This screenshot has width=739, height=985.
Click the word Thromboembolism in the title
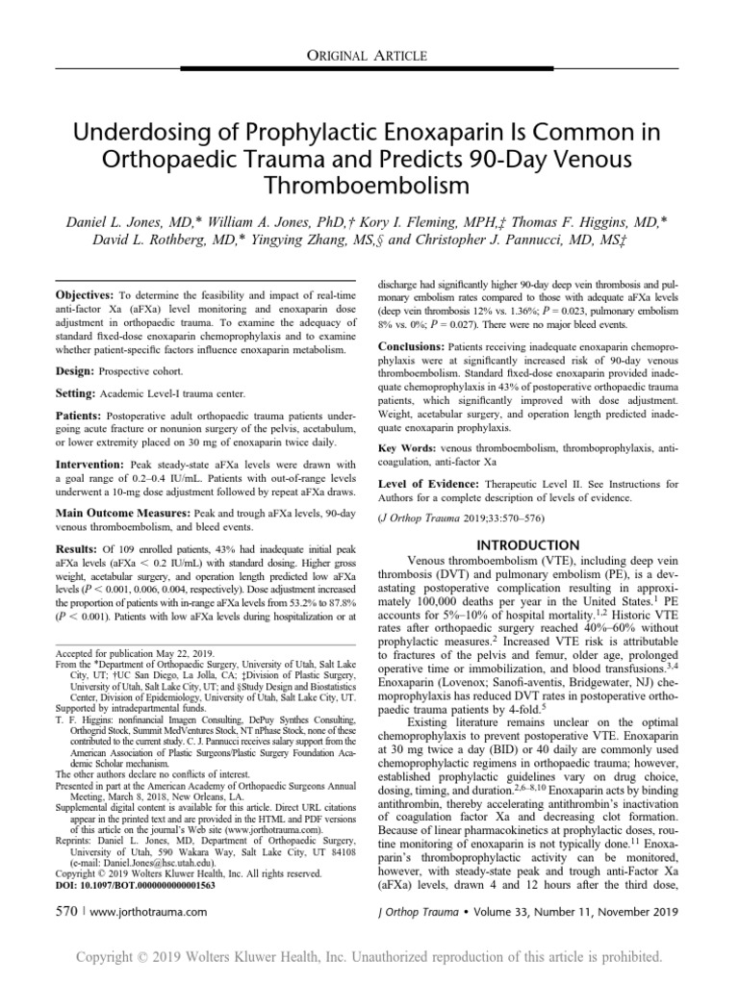[x=369, y=183]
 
